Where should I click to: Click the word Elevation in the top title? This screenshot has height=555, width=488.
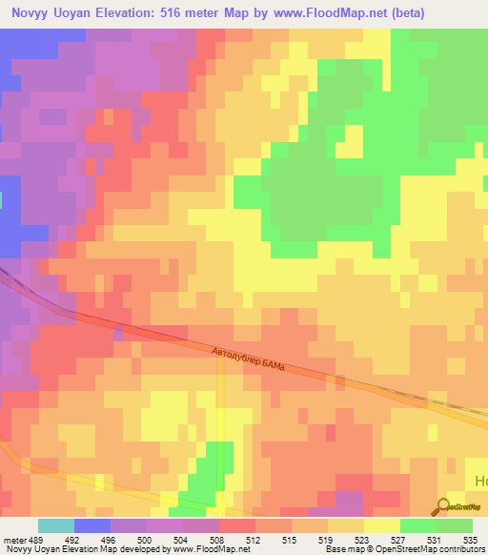click(120, 13)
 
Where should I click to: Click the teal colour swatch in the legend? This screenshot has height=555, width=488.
click(56, 525)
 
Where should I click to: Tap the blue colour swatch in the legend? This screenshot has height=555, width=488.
click(92, 525)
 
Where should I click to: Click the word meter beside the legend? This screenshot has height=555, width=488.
click(16, 539)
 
